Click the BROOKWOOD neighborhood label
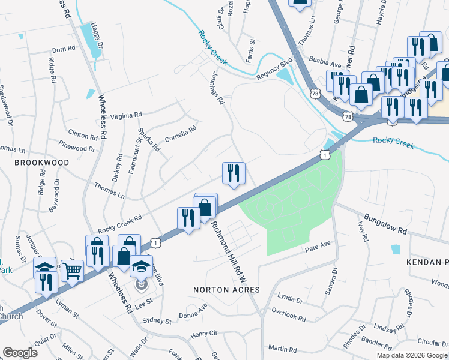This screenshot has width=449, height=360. [x=41, y=163]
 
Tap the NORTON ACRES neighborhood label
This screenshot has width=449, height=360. [x=226, y=290]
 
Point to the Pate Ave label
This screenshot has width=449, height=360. [x=318, y=246]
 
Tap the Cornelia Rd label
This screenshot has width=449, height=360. [x=181, y=131]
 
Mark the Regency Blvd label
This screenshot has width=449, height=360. [x=273, y=71]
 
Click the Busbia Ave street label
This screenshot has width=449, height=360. [x=325, y=60]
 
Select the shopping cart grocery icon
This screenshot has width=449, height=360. [x=72, y=271]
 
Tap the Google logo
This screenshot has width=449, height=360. [x=20, y=353]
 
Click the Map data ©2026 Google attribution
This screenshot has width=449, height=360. [x=411, y=355]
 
